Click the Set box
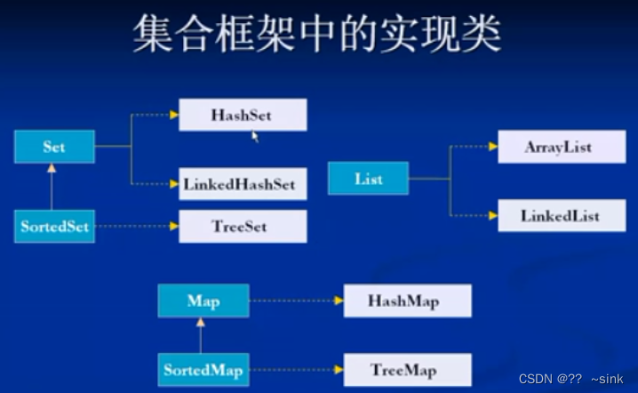[54, 147]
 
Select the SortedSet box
[54, 227]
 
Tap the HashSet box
[242, 116]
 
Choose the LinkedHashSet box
[242, 184]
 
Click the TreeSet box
[242, 227]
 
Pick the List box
[368, 179]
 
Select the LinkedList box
[561, 216]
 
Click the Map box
[203, 301]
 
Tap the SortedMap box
[203, 369]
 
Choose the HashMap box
[407, 301]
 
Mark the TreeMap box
[407, 369]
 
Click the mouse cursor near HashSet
[256, 137]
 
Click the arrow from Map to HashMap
[294, 301]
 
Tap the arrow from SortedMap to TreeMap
[294, 369]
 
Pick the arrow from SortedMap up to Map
[201, 335]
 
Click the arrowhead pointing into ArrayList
[493, 147]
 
